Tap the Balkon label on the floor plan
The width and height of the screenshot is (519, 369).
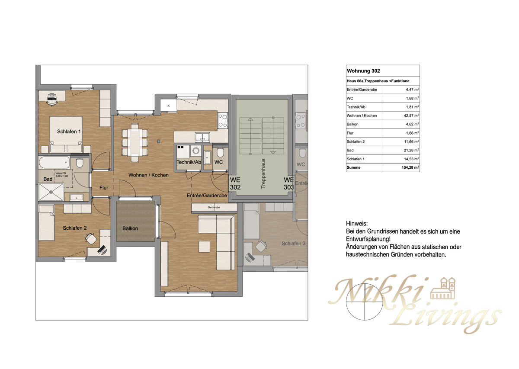(130, 228)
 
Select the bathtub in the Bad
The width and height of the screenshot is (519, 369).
(54, 164)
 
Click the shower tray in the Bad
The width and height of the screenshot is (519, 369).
(51, 191)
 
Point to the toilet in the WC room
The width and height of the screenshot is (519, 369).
(220, 153)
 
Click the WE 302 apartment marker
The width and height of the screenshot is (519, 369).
(236, 184)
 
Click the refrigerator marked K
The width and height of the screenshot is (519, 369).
(168, 106)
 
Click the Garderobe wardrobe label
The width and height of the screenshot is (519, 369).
(214, 208)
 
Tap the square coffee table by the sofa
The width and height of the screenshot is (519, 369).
(205, 246)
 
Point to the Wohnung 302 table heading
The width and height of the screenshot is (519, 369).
(363, 71)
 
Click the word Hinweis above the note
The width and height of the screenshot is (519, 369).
(357, 224)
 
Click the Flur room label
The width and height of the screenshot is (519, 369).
(104, 188)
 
